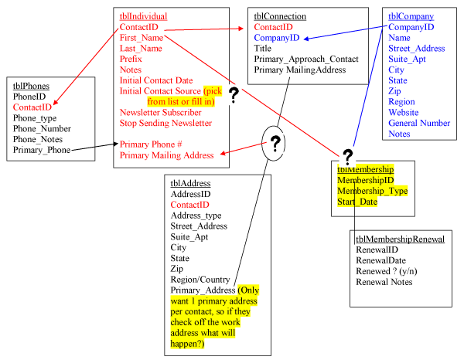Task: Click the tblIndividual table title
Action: pyautogui.click(x=143, y=16)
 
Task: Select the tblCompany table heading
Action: pyautogui.click(x=411, y=16)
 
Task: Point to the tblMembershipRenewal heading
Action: pyautogui.click(x=400, y=239)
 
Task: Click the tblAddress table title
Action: pyautogui.click(x=194, y=183)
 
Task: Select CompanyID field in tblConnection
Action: pyautogui.click(x=277, y=37)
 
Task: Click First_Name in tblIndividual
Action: pyautogui.click(x=142, y=37)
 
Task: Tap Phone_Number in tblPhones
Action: pyautogui.click(x=43, y=128)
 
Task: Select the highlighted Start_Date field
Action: pyautogui.click(x=357, y=202)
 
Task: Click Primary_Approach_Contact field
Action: pyautogui.click(x=306, y=59)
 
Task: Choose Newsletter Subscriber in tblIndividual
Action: pyautogui.click(x=161, y=112)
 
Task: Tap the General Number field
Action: pyautogui.click(x=419, y=123)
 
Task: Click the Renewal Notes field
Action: pyautogui.click(x=384, y=282)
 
